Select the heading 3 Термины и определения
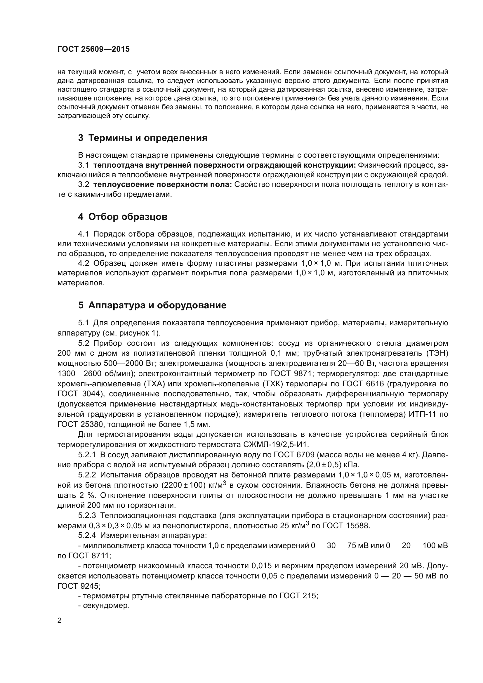pyautogui.click(x=143, y=138)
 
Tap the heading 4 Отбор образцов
pyautogui.click(x=123, y=217)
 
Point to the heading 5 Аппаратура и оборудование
pyautogui.click(x=152, y=305)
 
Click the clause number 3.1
pyautogui.click(x=84, y=165)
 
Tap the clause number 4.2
pyautogui.click(x=84, y=263)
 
